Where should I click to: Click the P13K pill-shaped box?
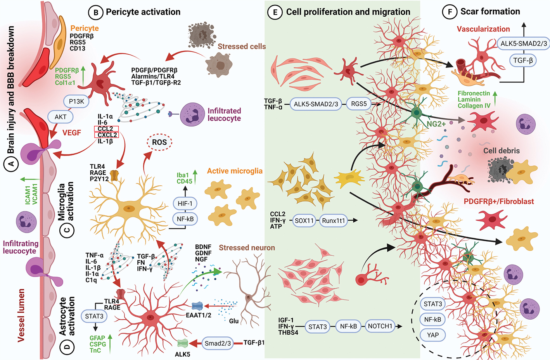[x=76, y=102]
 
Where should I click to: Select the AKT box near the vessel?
[x=61, y=117]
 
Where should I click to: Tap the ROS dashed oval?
[x=159, y=142]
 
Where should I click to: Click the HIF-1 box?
[x=185, y=203]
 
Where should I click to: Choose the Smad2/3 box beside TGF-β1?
[x=218, y=343]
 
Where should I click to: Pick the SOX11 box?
[x=304, y=221]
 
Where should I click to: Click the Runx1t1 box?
[x=333, y=221]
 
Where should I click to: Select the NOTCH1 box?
[x=380, y=326]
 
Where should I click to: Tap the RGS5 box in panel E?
[x=359, y=104]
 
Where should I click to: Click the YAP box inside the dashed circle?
[x=433, y=335]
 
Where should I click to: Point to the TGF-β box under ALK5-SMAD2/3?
[x=523, y=61]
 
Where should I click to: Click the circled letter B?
[x=96, y=12]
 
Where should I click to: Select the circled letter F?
[x=450, y=12]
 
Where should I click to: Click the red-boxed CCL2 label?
[x=106, y=129]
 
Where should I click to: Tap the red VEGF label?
[x=72, y=133]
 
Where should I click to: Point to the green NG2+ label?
[x=436, y=124]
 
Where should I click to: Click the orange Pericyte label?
[x=85, y=28]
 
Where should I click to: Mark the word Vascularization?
[x=483, y=29]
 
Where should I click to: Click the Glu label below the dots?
[x=234, y=321]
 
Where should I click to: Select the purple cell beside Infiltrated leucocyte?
[x=192, y=114]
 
